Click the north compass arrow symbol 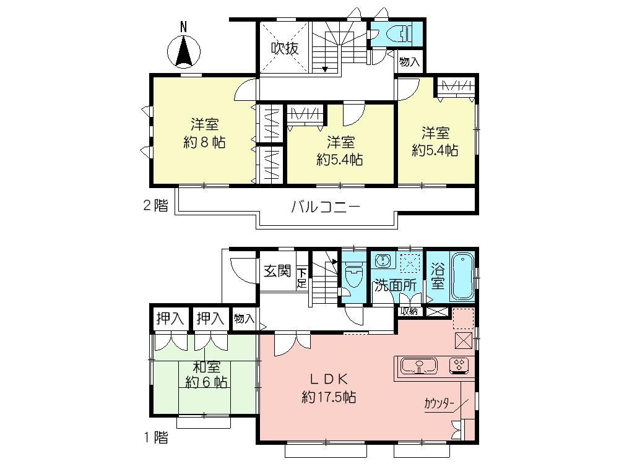point(183,50)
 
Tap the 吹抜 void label point(286,48)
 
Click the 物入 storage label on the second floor point(409,62)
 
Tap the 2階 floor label point(155,206)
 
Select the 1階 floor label point(155,439)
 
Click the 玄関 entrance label point(277,270)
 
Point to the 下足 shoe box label point(301,278)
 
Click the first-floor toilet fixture point(354,275)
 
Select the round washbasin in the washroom point(381,261)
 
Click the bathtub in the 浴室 point(462,275)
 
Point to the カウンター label point(439,403)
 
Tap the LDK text point(327,379)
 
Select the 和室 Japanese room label point(204,367)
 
